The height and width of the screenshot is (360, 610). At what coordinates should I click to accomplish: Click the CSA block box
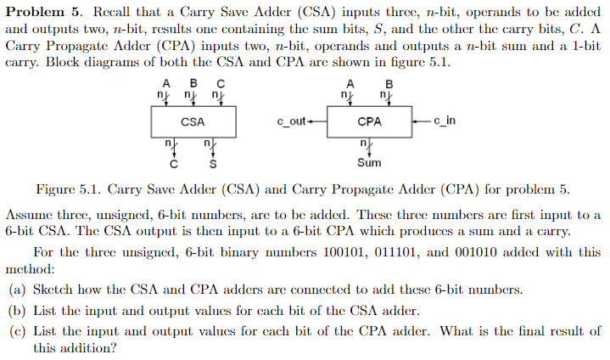click(x=193, y=121)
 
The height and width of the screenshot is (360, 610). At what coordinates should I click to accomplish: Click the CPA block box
click(x=370, y=121)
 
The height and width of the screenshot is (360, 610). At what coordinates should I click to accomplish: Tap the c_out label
click(x=290, y=121)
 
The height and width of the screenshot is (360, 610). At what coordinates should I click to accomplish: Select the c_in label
click(x=444, y=121)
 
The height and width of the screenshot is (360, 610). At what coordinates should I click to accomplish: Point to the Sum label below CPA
click(x=369, y=162)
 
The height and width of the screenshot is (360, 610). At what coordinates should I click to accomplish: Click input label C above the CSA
click(x=221, y=83)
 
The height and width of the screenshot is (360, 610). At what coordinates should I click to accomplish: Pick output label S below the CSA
click(x=212, y=162)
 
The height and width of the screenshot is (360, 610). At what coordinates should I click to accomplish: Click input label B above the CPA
click(x=389, y=83)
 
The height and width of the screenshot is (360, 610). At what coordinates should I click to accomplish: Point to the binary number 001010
click(x=547, y=252)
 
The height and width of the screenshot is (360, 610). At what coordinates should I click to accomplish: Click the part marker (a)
click(x=17, y=290)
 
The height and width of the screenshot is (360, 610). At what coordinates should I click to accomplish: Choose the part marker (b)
click(x=17, y=310)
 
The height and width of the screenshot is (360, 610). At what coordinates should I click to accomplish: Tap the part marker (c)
click(x=17, y=330)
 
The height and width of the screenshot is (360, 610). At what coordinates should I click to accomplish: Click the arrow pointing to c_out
click(x=316, y=121)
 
